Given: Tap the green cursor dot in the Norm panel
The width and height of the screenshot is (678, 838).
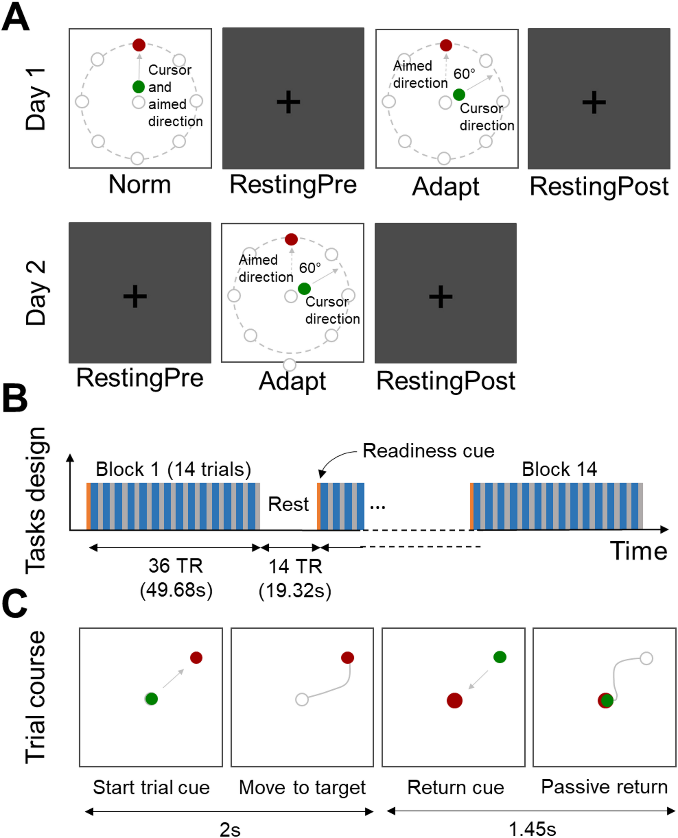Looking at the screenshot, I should (x=139, y=86).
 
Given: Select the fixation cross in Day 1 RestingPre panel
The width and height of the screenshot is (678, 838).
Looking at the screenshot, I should (x=288, y=102).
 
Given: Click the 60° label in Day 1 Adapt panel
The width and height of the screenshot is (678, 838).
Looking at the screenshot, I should (x=464, y=74).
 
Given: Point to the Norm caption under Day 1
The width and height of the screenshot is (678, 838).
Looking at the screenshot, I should (x=140, y=184).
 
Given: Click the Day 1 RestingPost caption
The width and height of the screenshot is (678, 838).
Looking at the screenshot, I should (x=599, y=187).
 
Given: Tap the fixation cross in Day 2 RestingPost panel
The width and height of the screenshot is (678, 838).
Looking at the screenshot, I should (x=441, y=296).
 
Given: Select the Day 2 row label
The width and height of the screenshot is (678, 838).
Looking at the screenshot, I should (x=36, y=293).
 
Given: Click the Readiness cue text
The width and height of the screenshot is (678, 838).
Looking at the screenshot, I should (x=428, y=451).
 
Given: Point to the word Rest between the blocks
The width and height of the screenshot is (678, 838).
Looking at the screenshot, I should (x=288, y=504).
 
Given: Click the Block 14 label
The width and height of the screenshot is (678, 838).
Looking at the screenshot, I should (x=559, y=469).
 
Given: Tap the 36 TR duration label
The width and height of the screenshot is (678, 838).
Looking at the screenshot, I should (x=176, y=565).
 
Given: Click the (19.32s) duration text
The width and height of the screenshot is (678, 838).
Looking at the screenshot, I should (x=295, y=590).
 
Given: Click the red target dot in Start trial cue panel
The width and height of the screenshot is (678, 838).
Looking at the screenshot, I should (x=196, y=658).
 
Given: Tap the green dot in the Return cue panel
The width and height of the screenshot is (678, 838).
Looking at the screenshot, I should (x=500, y=657).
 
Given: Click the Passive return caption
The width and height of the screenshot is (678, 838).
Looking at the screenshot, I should (x=604, y=787).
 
